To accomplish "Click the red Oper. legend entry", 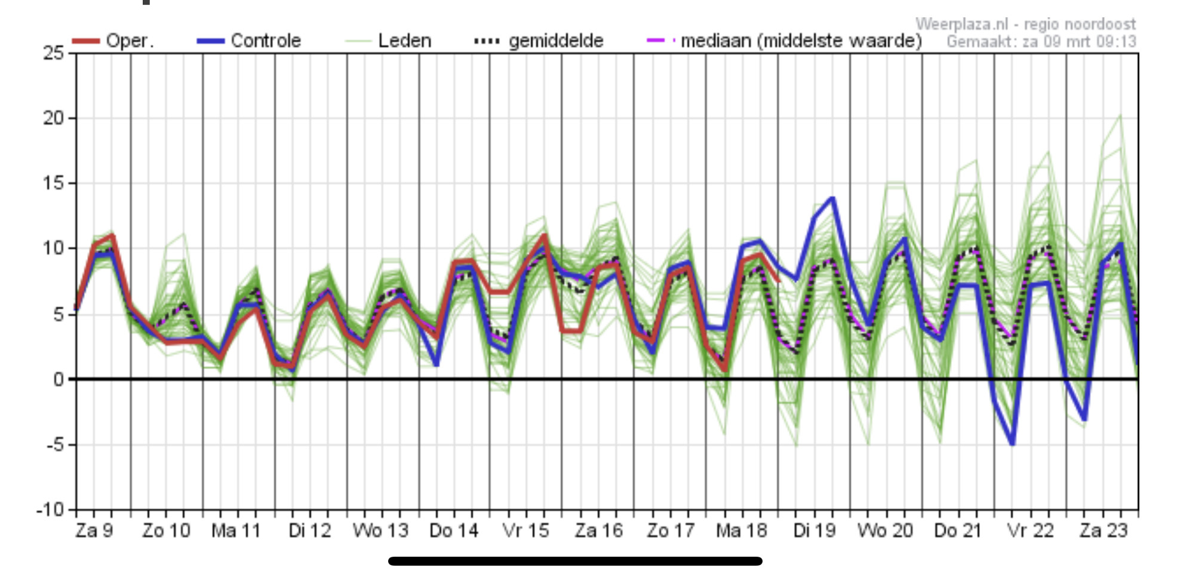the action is (x=112, y=41).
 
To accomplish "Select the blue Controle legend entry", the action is (x=248, y=41).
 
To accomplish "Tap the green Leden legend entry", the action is (x=388, y=41).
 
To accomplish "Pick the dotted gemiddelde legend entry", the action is (x=539, y=41).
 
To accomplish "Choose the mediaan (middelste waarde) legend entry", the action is (x=785, y=41).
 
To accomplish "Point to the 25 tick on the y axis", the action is (x=54, y=53).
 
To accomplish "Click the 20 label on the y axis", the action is (x=54, y=118).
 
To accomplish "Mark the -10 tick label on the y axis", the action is (x=50, y=510).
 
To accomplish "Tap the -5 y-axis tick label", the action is (x=54, y=444).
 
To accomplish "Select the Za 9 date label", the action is (x=94, y=530).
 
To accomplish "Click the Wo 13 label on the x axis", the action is (x=380, y=530).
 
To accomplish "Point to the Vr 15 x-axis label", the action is (x=525, y=530).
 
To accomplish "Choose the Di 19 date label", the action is (x=815, y=530).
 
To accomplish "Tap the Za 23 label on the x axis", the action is (x=1104, y=530).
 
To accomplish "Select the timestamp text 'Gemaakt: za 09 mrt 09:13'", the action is (x=1041, y=42).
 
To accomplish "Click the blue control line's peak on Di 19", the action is (x=832, y=198).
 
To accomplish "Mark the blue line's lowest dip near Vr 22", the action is (x=1013, y=444).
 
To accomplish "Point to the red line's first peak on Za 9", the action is (x=112, y=235).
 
